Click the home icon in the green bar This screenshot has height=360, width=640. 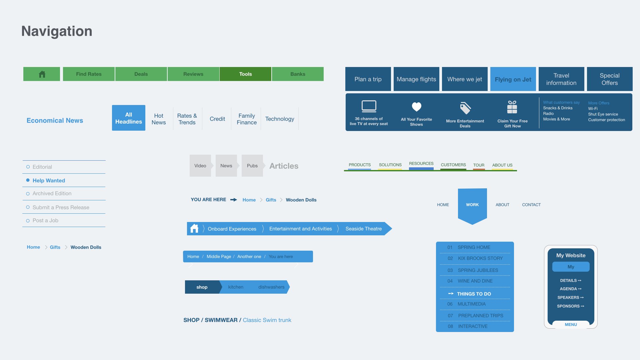tap(42, 74)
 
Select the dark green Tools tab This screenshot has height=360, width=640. tap(245, 74)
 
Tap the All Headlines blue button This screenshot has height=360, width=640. tap(129, 118)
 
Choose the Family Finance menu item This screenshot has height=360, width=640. tap(247, 119)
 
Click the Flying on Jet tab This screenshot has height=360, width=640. tap(513, 79)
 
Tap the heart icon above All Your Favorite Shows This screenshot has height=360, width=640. tap(416, 107)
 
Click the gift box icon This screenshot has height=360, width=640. tap(512, 107)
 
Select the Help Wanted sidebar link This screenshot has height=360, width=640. tap(49, 180)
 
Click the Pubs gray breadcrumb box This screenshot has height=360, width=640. tap(252, 166)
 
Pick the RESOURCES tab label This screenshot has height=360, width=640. tap(421, 164)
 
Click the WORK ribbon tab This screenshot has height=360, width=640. tap(472, 205)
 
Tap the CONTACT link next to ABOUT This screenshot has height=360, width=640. tap(531, 205)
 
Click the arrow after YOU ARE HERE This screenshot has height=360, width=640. tap(234, 200)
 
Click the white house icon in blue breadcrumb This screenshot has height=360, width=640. tap(194, 229)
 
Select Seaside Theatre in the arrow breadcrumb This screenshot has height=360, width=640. tap(363, 229)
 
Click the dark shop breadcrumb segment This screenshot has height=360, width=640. tap(202, 287)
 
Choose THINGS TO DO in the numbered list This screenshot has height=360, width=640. tap(474, 294)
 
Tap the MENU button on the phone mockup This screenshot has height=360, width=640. tap(570, 324)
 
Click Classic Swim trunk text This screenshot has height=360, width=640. tap(267, 320)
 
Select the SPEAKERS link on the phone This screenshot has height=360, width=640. tap(570, 297)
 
